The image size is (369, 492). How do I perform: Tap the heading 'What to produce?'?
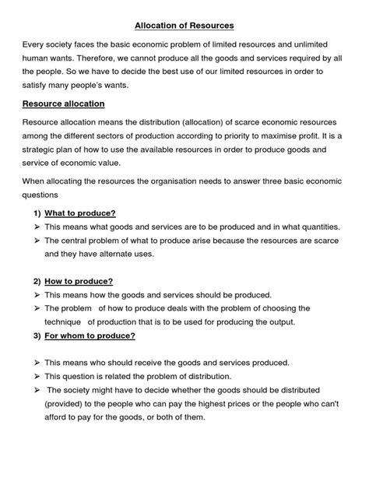coord(80,212)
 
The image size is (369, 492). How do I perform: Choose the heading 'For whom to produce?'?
coord(90,336)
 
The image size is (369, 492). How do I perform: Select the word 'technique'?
coord(63,322)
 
